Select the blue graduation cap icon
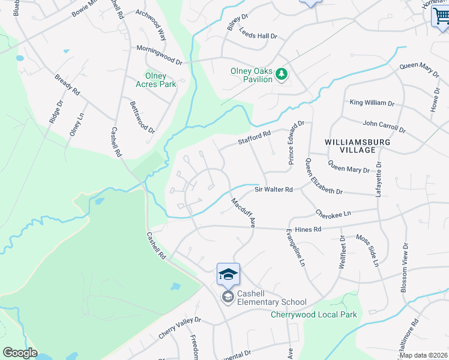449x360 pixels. point(228,274)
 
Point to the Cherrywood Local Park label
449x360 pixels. point(313,314)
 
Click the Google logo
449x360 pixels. point(20,353)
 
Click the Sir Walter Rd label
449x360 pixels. point(273,190)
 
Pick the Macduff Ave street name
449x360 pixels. point(244,212)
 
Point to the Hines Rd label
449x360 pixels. point(308,229)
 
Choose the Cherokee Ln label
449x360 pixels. point(333,213)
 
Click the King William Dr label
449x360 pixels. point(372,103)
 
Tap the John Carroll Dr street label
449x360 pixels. point(384,126)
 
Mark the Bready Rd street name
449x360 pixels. point(67,85)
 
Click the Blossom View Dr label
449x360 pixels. point(405,268)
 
